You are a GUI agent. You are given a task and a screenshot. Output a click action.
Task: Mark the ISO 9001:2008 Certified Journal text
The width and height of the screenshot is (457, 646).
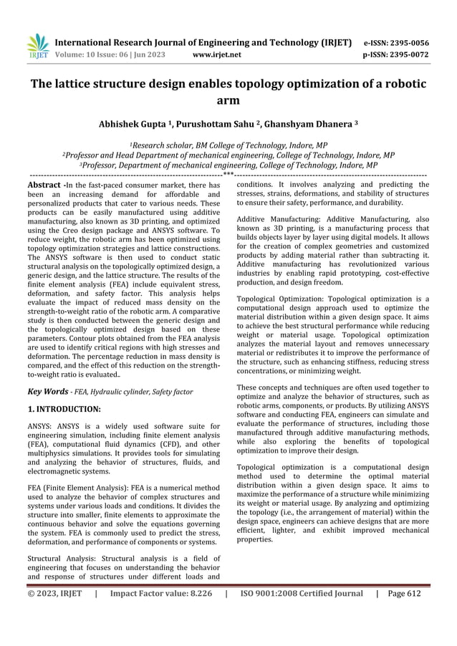[x=302, y=593]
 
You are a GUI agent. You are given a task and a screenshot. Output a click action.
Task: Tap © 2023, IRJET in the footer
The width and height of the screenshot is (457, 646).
[x=54, y=593]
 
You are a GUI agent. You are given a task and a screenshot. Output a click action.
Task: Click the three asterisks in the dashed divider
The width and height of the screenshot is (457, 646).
[x=228, y=173]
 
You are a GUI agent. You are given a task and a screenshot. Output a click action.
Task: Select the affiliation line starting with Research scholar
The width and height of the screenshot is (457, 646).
[x=228, y=143]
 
